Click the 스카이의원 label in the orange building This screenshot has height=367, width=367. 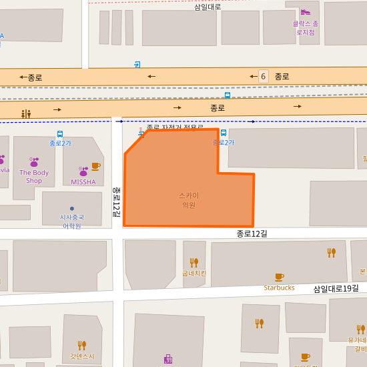pos(189,200)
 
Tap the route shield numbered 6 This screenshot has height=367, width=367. pos(263,76)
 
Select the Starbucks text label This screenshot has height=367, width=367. pos(279,288)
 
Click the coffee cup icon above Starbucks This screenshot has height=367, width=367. pos(279,277)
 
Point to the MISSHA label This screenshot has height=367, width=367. pos(83,181)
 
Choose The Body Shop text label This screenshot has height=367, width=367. pos(34,177)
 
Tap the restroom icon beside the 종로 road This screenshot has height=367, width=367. pos(26,114)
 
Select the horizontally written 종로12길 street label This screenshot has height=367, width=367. pos(252,234)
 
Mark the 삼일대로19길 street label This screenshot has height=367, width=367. pos(336,288)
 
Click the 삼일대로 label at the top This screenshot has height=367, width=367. pos(208,7)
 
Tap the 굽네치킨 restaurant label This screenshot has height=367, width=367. pos(194,273)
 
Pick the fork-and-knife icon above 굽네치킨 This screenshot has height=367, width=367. pos(194,262)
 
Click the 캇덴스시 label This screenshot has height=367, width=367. pos(82,356)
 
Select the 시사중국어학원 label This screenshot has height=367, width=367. pos(72,222)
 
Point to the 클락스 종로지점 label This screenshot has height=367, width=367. pos(306,27)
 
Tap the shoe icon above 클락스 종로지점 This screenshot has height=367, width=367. pos(305,11)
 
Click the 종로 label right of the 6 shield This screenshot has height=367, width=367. pos(282,76)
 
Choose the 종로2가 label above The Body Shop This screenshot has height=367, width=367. pos(60,143)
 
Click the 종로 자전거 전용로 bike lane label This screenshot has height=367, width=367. pos(175,127)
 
